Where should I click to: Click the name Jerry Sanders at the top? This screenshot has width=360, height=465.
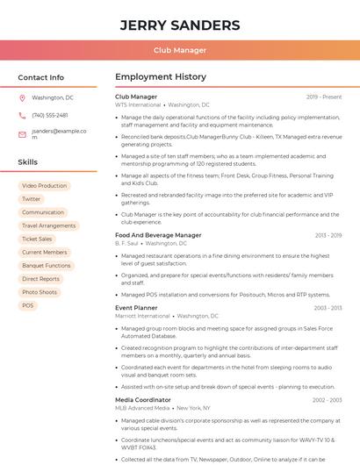coord(180,25)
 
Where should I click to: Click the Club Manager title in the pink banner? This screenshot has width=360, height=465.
coord(180,50)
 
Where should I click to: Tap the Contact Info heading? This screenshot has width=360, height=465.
coord(40,77)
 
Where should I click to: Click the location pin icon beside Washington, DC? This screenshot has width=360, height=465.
coord(22,97)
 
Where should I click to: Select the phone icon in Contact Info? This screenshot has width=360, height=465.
coord(22,115)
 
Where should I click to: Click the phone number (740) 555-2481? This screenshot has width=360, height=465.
coord(50,115)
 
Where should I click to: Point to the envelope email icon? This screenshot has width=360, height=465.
coord(22,134)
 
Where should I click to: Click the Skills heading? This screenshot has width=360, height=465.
coord(28,162)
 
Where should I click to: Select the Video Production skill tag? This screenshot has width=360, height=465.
coord(44,186)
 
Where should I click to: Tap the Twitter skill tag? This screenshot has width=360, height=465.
coord(32,199)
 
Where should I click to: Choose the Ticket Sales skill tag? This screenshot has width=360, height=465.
coord(37,239)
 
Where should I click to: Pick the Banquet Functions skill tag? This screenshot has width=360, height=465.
coord(47,265)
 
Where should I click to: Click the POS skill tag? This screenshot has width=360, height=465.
coord(28,305)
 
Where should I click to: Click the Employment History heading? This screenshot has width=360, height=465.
coord(161,77)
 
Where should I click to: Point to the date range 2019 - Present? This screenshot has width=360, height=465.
coord(324,97)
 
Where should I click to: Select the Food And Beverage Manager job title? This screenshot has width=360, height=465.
coord(158,235)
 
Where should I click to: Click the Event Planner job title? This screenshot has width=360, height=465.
coord(136,308)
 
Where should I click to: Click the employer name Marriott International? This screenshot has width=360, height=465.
coord(142,316)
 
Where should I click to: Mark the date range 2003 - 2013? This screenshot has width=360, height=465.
coord(328,308)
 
